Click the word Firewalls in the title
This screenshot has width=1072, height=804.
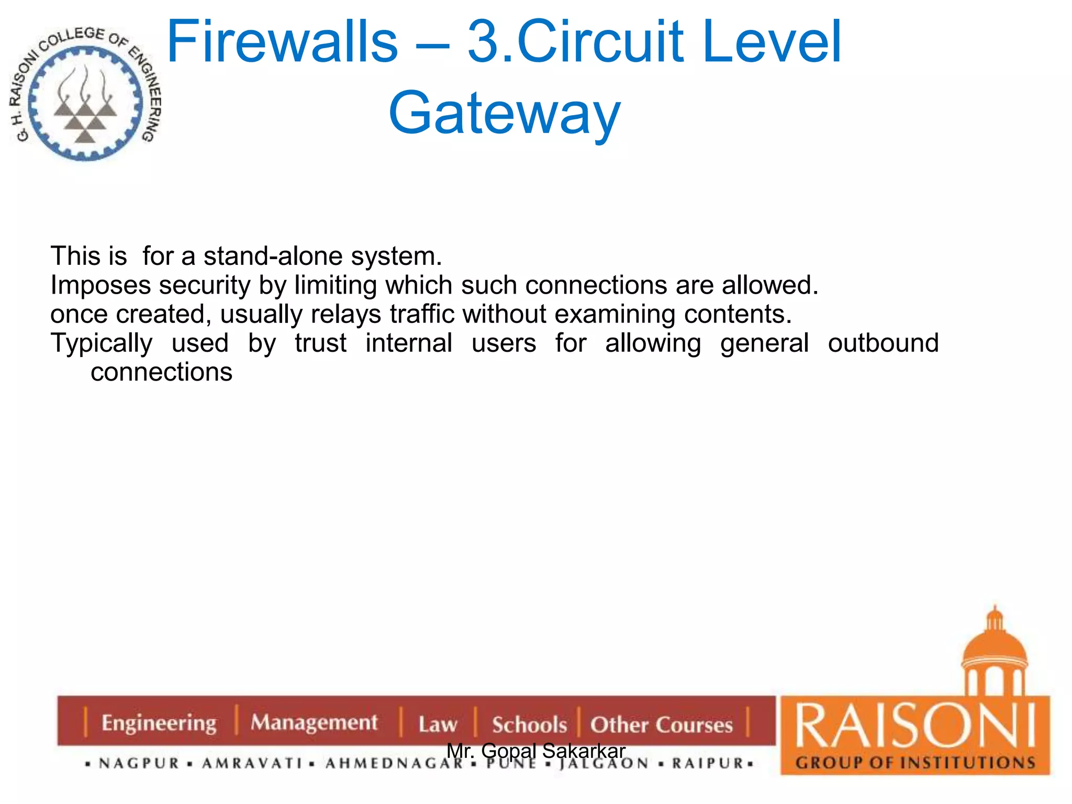point(282,42)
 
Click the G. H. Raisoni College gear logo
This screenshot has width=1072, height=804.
point(85,94)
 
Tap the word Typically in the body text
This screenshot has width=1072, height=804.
point(102,343)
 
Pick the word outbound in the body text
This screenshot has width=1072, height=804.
point(883,343)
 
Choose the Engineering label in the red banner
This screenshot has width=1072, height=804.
point(159,723)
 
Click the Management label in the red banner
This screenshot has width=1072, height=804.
point(314,722)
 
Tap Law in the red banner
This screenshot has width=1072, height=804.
point(438,724)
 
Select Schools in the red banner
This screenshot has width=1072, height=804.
point(529,725)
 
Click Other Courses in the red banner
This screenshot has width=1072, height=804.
point(662,725)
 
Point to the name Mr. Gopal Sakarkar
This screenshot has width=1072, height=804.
point(535,751)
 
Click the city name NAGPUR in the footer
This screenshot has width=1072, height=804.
point(139,764)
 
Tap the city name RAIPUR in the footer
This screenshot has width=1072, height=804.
point(708,763)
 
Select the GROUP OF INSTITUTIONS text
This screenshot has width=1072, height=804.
point(915,763)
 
